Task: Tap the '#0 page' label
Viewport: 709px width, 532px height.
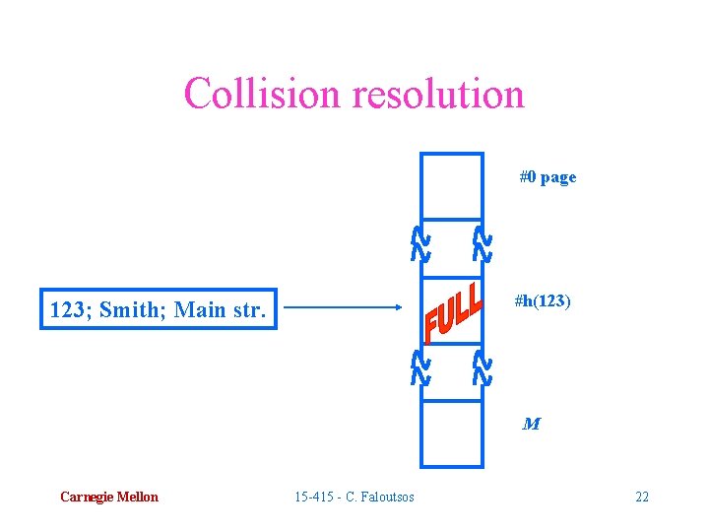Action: coord(548,177)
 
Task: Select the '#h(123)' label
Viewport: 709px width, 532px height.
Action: coord(542,301)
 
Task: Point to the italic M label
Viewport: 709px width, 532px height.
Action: coord(531,425)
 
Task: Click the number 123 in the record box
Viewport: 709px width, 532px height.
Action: coord(67,311)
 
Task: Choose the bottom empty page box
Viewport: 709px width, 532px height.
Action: coord(452,433)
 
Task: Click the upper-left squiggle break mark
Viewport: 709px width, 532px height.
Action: coord(419,244)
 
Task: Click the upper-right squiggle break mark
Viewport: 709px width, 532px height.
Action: coord(482,244)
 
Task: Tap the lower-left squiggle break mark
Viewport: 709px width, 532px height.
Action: coord(419,367)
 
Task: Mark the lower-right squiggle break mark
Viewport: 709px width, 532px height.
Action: coord(482,367)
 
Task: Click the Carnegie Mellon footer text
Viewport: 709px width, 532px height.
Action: coord(108,497)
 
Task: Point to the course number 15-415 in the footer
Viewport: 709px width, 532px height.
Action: coord(315,497)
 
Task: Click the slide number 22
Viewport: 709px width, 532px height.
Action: coord(642,497)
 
